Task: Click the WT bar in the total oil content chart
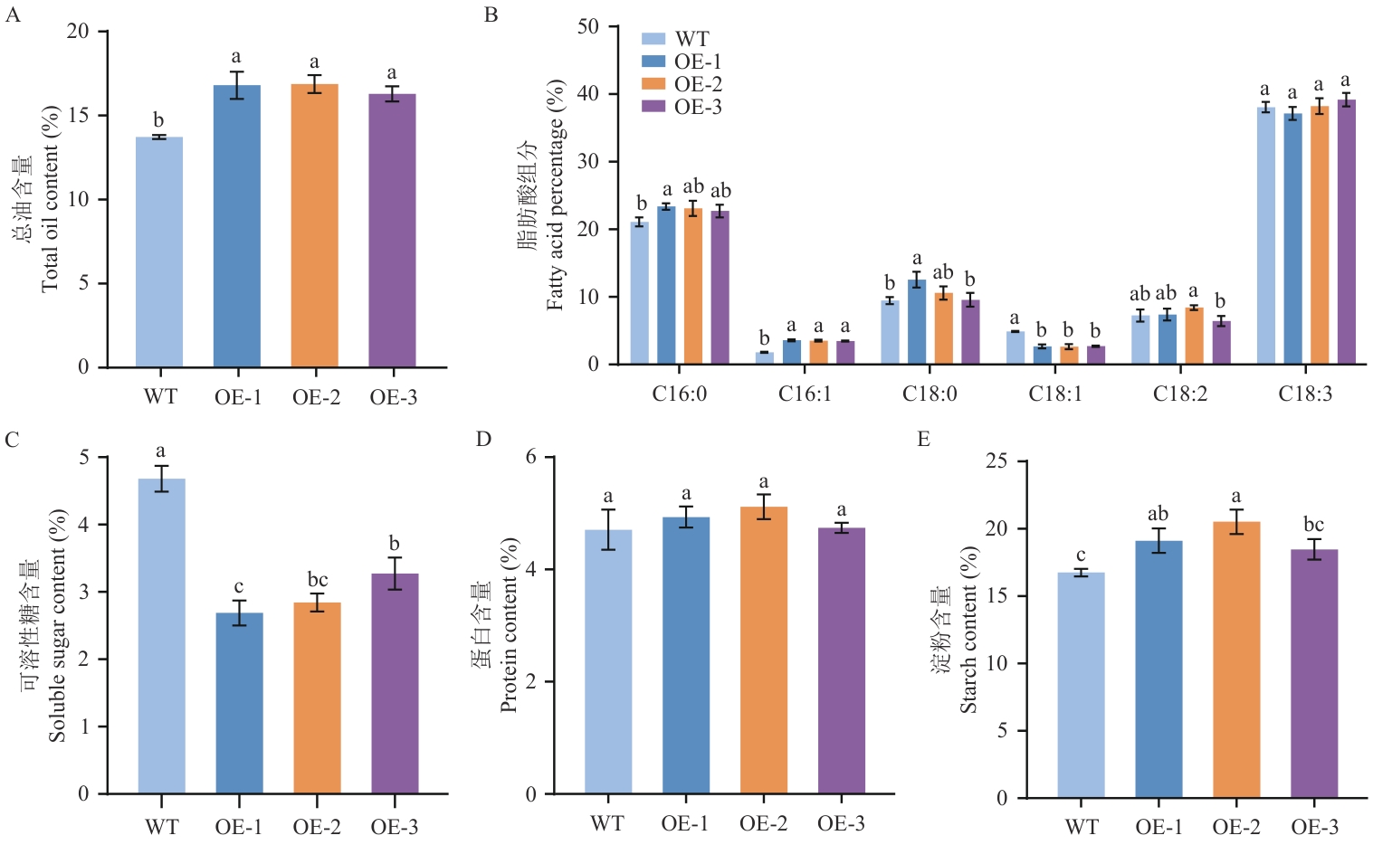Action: tap(159, 252)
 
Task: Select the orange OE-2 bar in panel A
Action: tap(314, 226)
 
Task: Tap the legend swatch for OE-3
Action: tap(653, 107)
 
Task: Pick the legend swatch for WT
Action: tap(653, 39)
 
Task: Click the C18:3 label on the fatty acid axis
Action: tap(1305, 394)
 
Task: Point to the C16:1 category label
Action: tap(805, 394)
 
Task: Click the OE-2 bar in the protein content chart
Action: tap(763, 650)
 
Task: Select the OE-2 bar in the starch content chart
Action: tap(1236, 660)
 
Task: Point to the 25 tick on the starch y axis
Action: tap(996, 461)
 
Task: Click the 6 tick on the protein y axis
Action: tap(532, 457)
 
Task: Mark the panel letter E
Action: tap(923, 440)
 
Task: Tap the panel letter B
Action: tap(491, 15)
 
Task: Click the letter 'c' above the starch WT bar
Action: tap(1081, 555)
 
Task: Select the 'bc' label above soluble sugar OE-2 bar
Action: tap(318, 580)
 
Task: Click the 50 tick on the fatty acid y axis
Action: tap(588, 26)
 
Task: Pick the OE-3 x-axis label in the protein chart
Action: tap(841, 823)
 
